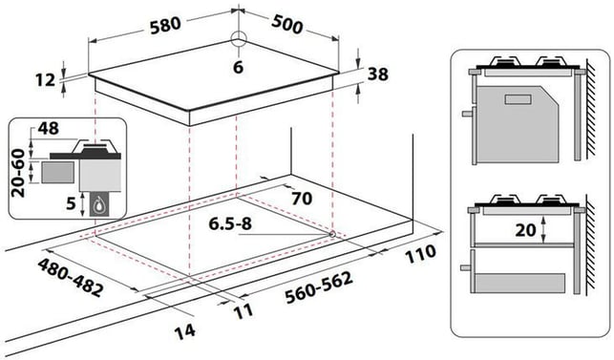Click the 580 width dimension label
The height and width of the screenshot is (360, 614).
165,25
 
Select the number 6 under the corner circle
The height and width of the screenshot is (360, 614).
238,67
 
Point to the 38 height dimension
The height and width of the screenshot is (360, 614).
378,74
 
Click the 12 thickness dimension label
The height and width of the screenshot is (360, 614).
46,80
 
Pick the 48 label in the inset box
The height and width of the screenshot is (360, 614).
48,128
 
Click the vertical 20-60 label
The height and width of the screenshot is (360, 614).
18,173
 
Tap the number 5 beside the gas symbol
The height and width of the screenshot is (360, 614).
71,203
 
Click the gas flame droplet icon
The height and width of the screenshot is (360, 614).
99,203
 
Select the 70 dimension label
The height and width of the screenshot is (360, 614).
302,199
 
